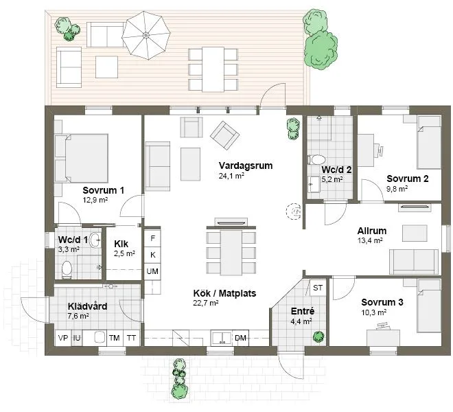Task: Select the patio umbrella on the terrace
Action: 146,35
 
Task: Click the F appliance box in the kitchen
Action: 152,238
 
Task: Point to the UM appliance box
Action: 152,271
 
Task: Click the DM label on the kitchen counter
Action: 241,337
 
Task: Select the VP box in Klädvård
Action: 62,337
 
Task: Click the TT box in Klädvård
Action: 131,337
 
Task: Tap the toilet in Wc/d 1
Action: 67,268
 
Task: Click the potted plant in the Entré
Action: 318,336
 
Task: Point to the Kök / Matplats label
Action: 224,293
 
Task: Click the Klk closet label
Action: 121,243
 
